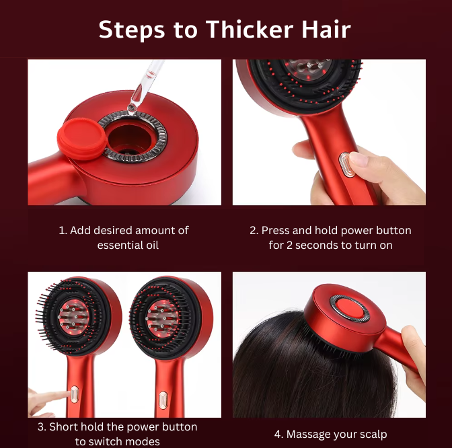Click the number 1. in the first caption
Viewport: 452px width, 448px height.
63,230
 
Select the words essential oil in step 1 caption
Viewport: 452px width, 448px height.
128,246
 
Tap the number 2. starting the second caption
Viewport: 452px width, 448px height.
254,230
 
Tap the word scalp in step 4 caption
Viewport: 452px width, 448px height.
370,434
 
